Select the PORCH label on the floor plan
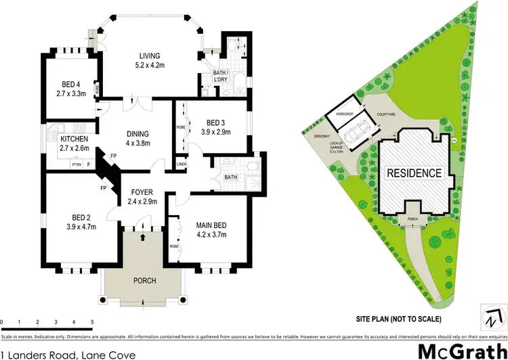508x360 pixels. click(x=145, y=280)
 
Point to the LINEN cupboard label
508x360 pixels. click(x=182, y=164)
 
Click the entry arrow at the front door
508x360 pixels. click(x=143, y=238)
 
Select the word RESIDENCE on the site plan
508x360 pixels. click(x=415, y=173)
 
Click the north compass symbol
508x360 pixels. click(x=492, y=315)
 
